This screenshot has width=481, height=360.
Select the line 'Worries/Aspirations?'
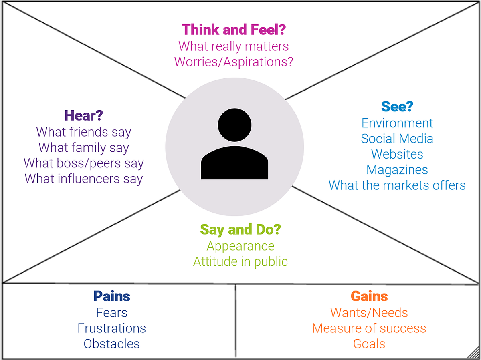pyautogui.click(x=234, y=62)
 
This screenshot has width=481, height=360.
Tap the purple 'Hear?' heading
pyautogui.click(x=84, y=116)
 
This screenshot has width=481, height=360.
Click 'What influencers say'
pyautogui.click(x=84, y=179)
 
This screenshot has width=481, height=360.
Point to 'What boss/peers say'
pyautogui.click(x=84, y=163)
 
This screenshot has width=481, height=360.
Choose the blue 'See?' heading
pyautogui.click(x=397, y=107)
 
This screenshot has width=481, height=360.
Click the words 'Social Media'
pyautogui.click(x=397, y=139)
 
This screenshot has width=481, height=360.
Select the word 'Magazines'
pyautogui.click(x=397, y=170)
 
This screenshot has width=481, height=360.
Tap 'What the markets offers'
pyautogui.click(x=397, y=185)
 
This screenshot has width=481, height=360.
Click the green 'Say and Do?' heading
pyautogui.click(x=240, y=230)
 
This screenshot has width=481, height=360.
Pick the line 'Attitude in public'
pyautogui.click(x=240, y=261)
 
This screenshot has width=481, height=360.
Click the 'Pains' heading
pyautogui.click(x=112, y=296)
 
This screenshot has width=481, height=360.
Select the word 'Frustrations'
pyautogui.click(x=112, y=328)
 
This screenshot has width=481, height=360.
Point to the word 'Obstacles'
pyautogui.click(x=112, y=344)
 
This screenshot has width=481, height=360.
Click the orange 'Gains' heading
pyautogui.click(x=369, y=296)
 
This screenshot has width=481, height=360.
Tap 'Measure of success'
pyautogui.click(x=369, y=328)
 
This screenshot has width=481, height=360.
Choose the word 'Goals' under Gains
pyautogui.click(x=369, y=344)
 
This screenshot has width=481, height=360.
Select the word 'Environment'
pyautogui.click(x=397, y=123)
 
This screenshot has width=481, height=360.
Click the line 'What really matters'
pyautogui.click(x=234, y=46)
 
